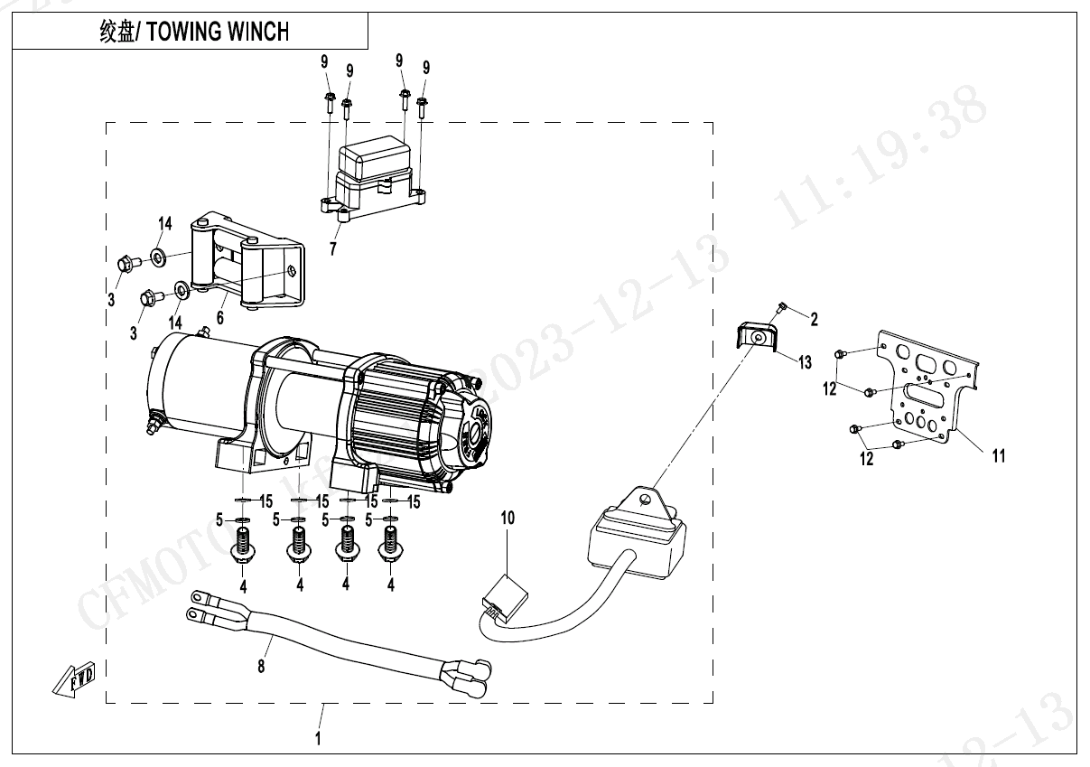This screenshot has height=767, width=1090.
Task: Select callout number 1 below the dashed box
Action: point(318,738)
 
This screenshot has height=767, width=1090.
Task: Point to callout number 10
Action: point(508,518)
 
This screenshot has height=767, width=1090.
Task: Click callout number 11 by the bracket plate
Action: point(998,455)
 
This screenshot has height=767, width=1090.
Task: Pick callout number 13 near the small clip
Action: point(804,362)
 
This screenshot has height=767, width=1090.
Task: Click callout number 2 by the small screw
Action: point(814,318)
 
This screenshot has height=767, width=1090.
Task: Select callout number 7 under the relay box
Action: point(332,249)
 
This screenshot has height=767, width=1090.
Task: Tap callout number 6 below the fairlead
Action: point(219,318)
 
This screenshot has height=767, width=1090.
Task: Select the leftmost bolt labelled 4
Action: point(243,548)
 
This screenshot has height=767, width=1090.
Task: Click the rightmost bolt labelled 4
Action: point(391,548)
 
